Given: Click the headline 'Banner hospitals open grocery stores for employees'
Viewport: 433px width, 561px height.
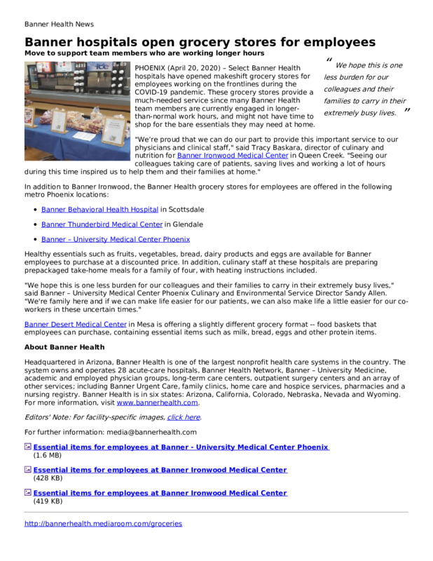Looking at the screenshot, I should [x=200, y=41].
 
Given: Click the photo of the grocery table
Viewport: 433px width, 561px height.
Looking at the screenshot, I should [x=77, y=101].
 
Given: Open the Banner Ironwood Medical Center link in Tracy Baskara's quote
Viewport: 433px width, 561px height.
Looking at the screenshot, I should [x=233, y=156].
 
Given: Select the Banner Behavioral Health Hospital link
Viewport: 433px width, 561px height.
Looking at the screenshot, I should [x=99, y=209].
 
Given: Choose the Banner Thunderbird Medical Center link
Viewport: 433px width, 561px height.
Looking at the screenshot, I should [x=102, y=224].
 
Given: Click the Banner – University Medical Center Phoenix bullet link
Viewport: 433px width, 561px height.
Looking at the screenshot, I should [x=115, y=239].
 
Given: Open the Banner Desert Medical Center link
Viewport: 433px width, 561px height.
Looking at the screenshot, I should [x=75, y=325].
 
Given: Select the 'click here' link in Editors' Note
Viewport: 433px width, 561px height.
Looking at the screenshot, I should [x=183, y=417].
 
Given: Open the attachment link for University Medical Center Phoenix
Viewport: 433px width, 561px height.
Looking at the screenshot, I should [x=181, y=447].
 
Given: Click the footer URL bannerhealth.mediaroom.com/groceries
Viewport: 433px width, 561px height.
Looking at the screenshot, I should [x=103, y=523].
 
